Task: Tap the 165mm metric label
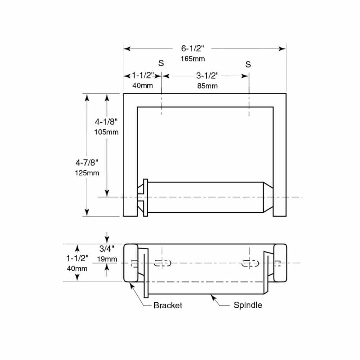coord(193,59)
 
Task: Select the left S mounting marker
coord(161,64)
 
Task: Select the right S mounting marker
coord(248,64)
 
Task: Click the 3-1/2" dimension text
coord(207,76)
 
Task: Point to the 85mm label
coord(207,85)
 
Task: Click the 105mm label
coord(106,132)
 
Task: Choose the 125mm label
coord(87,173)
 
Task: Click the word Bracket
coord(168,305)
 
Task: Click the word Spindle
coord(247,305)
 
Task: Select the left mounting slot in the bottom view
coord(162,263)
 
